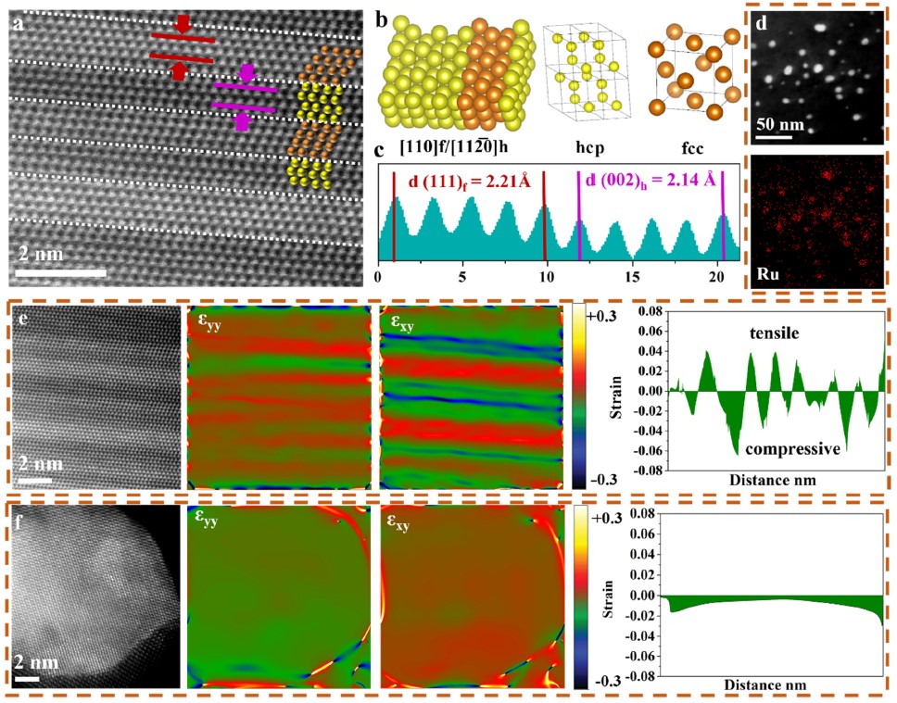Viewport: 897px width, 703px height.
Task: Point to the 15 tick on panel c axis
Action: pos(635,275)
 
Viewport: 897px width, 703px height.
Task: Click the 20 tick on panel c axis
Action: pos(721,275)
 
